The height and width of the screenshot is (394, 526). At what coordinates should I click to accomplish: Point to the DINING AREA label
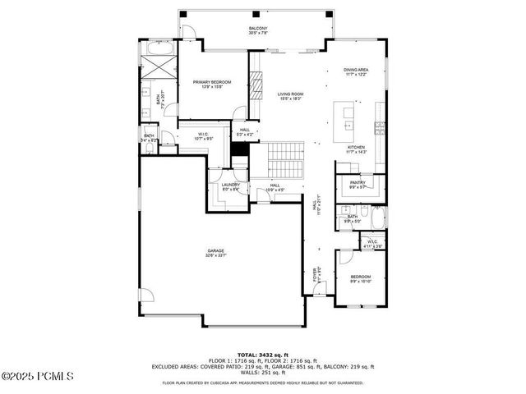tap(356, 71)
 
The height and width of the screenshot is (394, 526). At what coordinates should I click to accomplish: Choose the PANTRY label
tap(358, 184)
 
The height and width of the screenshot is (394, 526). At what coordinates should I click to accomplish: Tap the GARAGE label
tap(215, 252)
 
